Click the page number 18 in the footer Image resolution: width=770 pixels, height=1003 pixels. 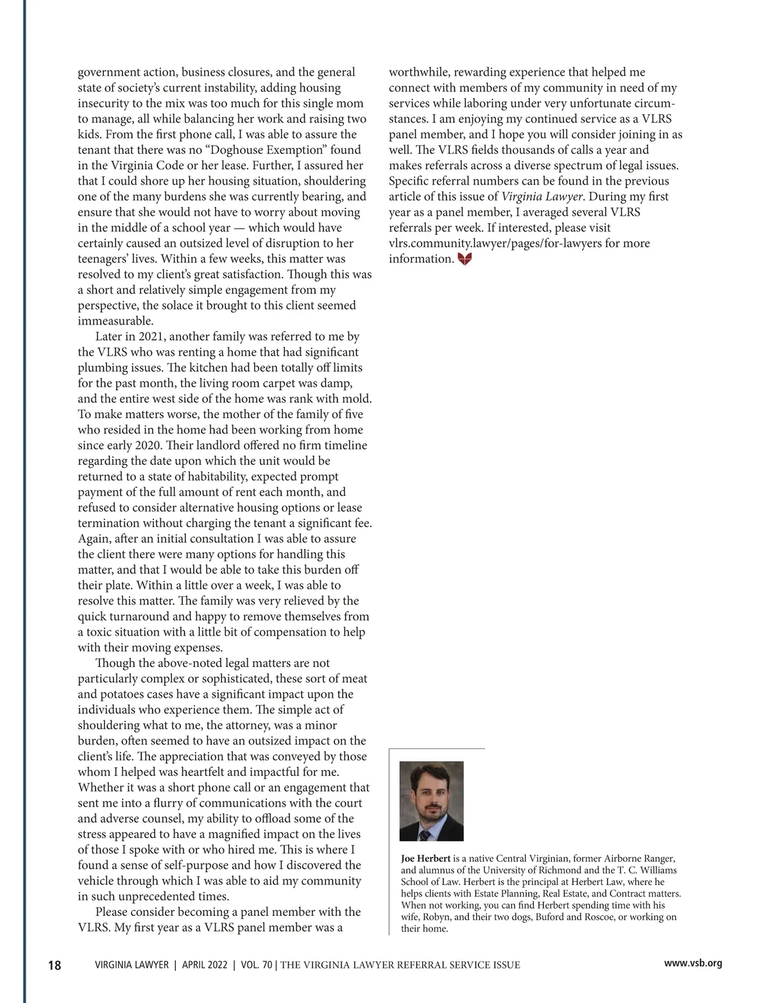click(55, 965)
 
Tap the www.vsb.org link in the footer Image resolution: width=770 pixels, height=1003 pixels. click(693, 963)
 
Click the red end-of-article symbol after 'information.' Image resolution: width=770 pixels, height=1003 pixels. click(465, 259)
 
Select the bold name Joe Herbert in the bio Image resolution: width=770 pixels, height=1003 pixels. click(425, 859)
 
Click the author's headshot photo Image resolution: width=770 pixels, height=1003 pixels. click(431, 801)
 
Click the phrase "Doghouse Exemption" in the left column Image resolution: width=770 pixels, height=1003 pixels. click(307, 150)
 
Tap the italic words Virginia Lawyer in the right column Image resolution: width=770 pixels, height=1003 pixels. click(542, 197)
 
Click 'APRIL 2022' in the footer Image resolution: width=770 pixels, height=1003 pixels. click(205, 965)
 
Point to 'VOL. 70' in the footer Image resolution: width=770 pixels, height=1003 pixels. click(256, 965)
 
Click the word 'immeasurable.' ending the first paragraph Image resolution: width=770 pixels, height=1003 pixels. click(116, 321)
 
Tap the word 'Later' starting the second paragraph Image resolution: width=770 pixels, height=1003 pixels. click(109, 337)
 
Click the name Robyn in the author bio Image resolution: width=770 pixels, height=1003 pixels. click(436, 917)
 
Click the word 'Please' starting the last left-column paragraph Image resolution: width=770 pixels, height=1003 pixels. click(114, 912)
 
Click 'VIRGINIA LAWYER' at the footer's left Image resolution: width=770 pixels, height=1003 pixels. click(132, 965)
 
